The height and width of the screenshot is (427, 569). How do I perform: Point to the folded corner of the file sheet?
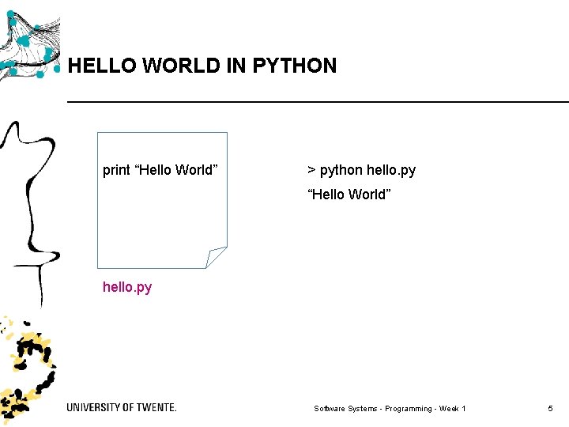[x=215, y=258]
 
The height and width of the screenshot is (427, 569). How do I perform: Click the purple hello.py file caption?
[x=127, y=287]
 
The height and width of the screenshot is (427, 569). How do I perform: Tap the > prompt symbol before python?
[x=311, y=170]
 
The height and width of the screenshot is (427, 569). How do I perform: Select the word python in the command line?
[x=341, y=170]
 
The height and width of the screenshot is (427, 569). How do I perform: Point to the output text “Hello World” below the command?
[x=349, y=195]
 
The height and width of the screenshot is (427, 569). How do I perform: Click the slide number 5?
[x=550, y=408]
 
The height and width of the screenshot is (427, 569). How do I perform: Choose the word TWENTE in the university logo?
[x=156, y=407]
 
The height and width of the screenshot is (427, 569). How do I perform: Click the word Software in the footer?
[x=330, y=409]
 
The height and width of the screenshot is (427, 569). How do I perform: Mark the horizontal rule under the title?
[x=316, y=102]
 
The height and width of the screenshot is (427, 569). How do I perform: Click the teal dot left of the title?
[x=57, y=68]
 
